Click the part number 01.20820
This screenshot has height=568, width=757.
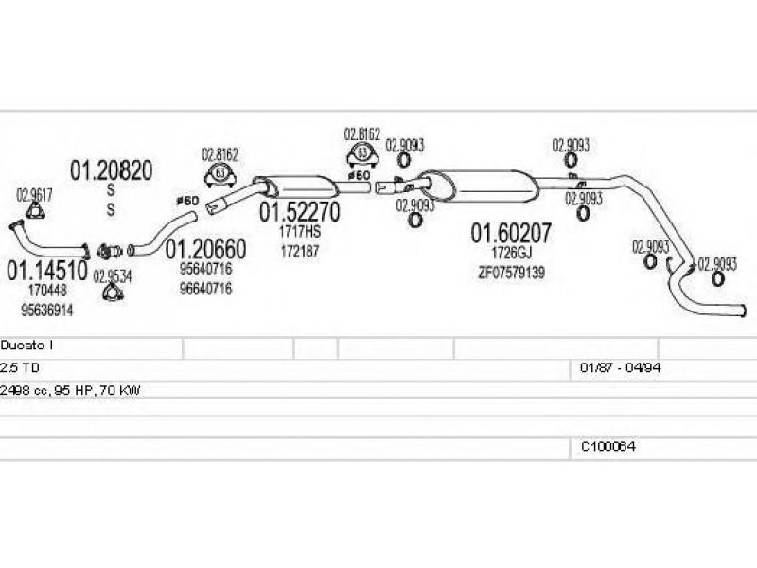point(111,170)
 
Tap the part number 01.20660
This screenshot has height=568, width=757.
point(206,249)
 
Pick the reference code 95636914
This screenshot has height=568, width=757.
point(46,310)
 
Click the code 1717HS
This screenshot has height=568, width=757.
point(300,232)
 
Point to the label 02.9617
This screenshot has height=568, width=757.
point(34,196)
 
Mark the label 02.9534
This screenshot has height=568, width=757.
point(112,276)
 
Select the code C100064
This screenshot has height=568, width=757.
point(607,445)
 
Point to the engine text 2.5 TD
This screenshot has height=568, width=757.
point(20,367)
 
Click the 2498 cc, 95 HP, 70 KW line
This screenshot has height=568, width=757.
point(70,389)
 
